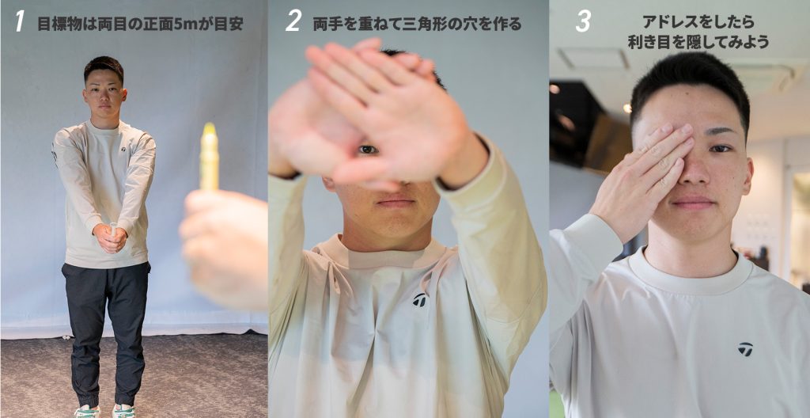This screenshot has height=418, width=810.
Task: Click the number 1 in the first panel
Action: (x=20, y=21)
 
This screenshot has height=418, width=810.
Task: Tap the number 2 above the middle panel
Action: (x=293, y=21)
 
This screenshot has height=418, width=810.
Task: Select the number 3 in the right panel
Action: (x=583, y=21)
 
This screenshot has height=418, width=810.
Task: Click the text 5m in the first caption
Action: (x=185, y=24)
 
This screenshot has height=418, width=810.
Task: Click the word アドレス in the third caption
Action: (x=665, y=22)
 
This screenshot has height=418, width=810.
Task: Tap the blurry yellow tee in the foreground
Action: (x=209, y=156)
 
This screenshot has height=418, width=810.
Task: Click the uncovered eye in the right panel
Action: (x=720, y=149)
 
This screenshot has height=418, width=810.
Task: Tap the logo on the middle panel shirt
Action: (x=419, y=299)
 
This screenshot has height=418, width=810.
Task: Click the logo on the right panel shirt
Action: (x=745, y=348)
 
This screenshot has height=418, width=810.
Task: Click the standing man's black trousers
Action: (x=106, y=331)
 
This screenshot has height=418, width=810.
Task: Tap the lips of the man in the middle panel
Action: (x=396, y=202)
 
